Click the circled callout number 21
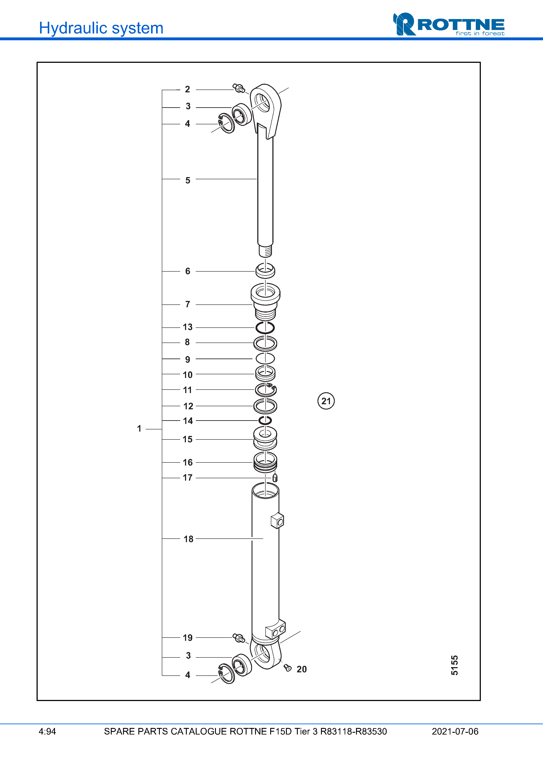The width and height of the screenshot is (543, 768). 326,401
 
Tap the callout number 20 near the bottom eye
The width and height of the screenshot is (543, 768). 301,669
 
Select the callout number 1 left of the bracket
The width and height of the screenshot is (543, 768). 139,429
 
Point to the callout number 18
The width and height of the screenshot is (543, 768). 188,539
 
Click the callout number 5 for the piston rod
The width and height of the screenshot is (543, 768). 188,181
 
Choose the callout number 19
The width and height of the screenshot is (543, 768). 188,638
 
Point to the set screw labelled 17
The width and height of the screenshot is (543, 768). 275,477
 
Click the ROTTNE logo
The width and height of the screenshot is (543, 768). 449,24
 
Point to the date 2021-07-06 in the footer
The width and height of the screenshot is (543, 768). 455,731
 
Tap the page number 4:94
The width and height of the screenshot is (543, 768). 47,731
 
